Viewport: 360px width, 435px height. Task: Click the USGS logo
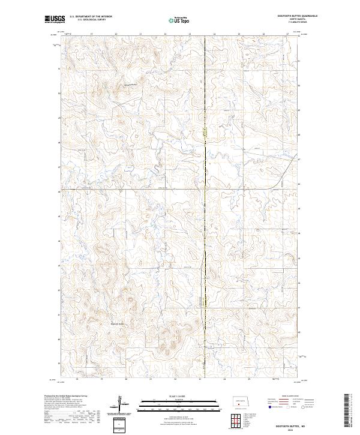coord(55,20)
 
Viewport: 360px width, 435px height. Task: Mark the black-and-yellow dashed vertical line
coord(205,240)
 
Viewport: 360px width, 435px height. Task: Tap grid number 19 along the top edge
coord(91,35)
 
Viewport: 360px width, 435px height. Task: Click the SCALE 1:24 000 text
coord(175,396)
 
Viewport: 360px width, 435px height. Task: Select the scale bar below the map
coord(175,403)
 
